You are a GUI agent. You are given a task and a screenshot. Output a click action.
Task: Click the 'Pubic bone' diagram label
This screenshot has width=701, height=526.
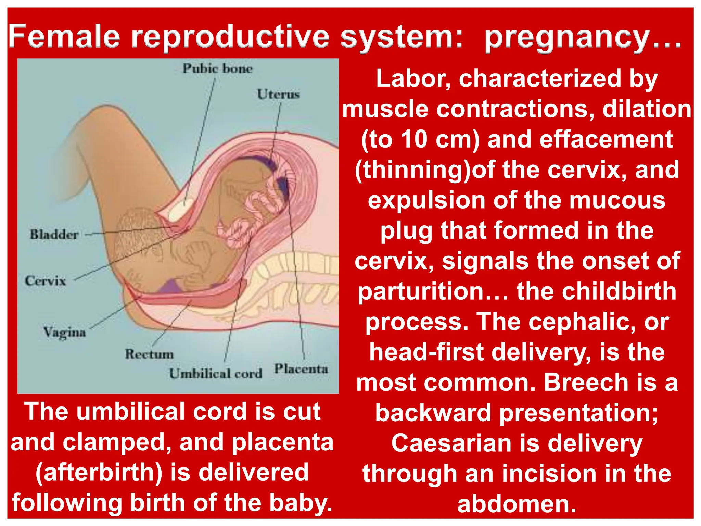[x=217, y=68]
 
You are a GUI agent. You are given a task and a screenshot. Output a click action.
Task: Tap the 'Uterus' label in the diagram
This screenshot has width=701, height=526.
[x=278, y=94]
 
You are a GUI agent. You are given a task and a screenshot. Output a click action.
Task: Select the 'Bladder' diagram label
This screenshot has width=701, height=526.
[x=54, y=235]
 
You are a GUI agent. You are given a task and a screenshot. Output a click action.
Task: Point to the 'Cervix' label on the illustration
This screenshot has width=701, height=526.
[x=45, y=281]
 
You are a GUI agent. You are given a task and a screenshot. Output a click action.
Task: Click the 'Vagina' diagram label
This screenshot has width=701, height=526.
[x=64, y=332]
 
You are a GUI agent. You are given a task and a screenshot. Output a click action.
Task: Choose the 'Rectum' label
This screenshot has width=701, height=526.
[x=149, y=354]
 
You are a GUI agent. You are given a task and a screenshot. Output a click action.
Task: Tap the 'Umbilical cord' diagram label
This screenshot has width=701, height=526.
[x=216, y=374]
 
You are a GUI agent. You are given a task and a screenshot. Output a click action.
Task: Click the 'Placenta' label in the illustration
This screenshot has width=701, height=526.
[x=301, y=369]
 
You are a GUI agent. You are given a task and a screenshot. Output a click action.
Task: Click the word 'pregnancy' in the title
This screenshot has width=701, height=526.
[x=566, y=38]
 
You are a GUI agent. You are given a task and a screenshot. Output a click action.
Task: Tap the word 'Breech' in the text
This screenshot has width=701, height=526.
[x=586, y=383]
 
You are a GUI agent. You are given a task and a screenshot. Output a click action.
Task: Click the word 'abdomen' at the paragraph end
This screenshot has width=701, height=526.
[x=510, y=504]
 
